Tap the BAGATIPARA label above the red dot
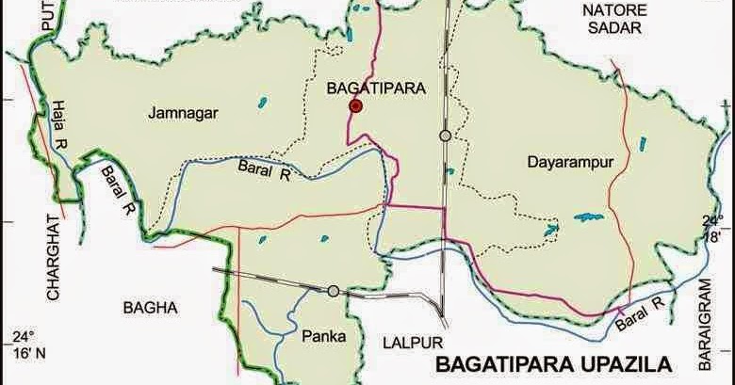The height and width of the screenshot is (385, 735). pos(375,88)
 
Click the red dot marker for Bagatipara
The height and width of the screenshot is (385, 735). pos(355,107)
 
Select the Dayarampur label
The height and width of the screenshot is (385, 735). pos(570,162)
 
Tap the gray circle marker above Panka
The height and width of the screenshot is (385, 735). pos(333,292)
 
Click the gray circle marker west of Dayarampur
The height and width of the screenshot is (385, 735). pos(445,136)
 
